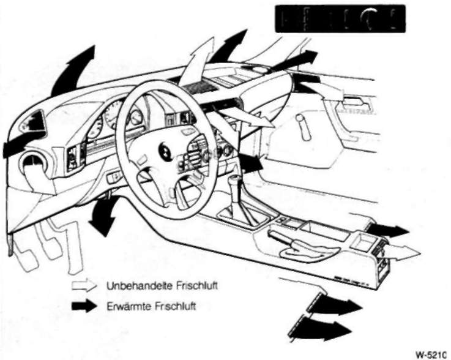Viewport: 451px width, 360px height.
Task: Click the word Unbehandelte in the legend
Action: pyautogui.click(x=139, y=286)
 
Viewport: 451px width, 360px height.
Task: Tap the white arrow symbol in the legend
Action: pyautogui.click(x=84, y=285)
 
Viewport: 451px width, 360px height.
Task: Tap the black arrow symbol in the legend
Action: pyautogui.click(x=84, y=306)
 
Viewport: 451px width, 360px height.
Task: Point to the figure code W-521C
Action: pyautogui.click(x=430, y=354)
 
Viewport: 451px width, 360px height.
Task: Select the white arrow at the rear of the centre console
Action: pyautogui.click(x=404, y=252)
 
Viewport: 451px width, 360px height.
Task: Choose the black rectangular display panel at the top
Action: pyautogui.click(x=340, y=18)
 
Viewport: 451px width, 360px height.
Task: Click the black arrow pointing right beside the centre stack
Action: pyautogui.click(x=251, y=163)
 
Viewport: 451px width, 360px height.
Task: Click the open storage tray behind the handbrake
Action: pyautogui.click(x=325, y=230)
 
